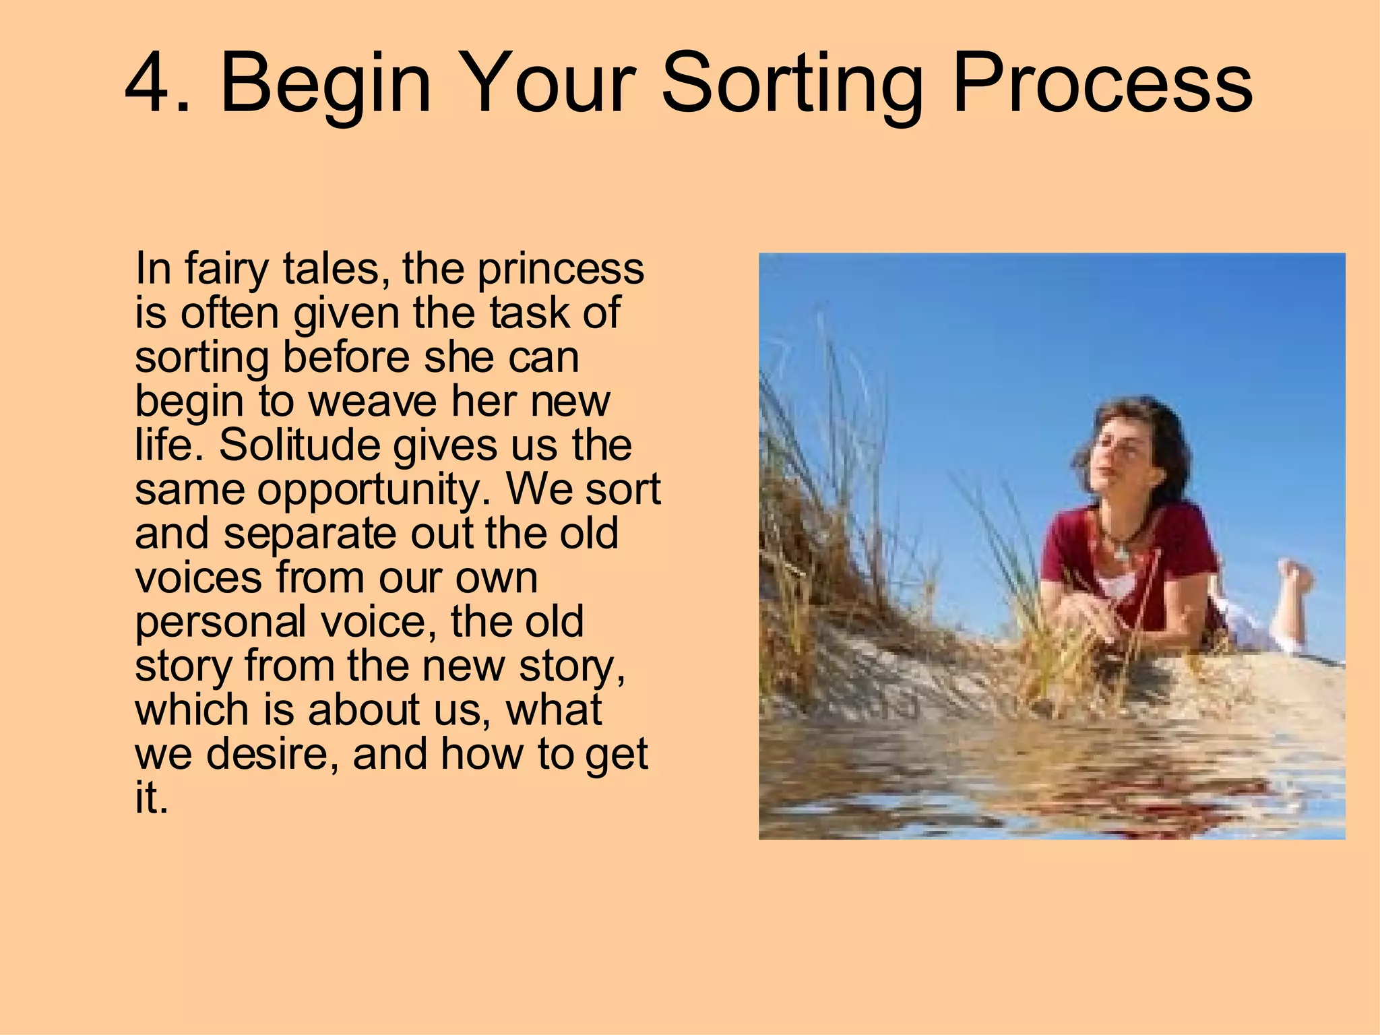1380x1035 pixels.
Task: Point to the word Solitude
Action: click(301, 445)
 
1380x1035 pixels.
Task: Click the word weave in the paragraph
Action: click(372, 402)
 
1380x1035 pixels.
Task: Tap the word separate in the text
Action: click(311, 534)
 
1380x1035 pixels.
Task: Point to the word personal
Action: click(220, 623)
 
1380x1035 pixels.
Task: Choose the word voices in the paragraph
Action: click(198, 578)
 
